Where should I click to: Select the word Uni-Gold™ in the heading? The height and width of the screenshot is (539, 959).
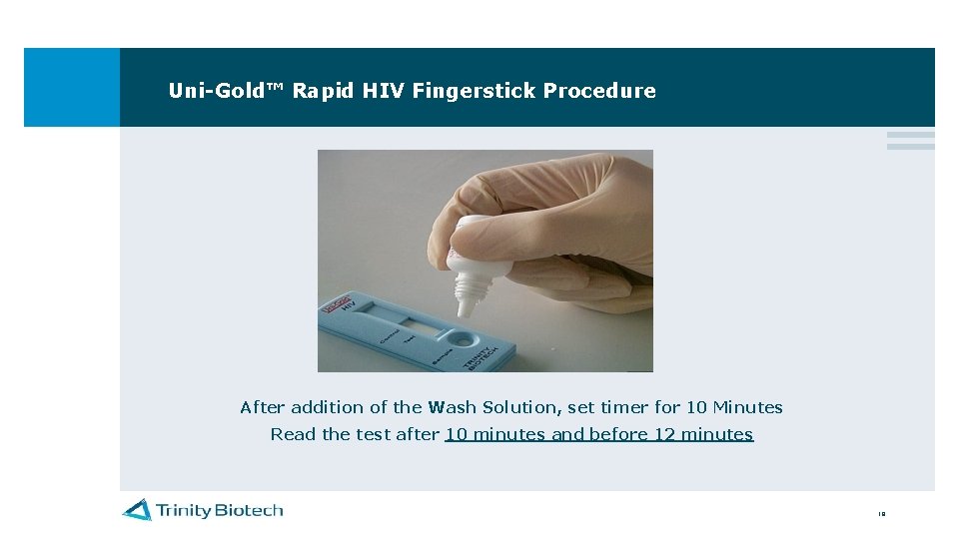[227, 91]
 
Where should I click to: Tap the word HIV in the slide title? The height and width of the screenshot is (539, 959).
[383, 91]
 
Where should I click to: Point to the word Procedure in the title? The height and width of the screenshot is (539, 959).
[599, 91]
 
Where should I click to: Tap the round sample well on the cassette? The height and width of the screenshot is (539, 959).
[463, 341]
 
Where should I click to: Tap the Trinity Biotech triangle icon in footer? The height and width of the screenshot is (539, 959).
[137, 510]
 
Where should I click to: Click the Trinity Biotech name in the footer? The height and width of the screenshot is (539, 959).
[219, 510]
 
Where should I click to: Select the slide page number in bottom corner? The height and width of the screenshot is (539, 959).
[881, 515]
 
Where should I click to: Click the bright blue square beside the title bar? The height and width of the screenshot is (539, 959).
[71, 87]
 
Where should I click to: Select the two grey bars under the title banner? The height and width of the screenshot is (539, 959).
[910, 141]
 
